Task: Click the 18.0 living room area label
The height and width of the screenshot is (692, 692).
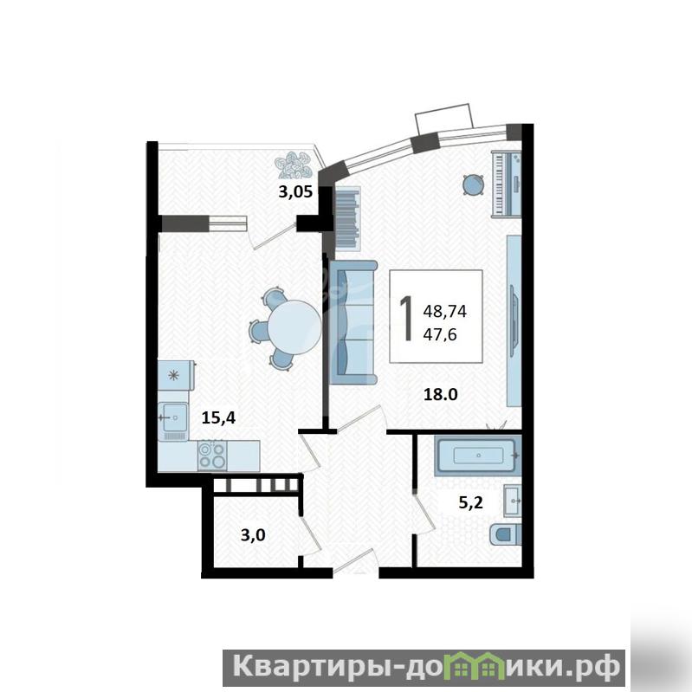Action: tap(441, 394)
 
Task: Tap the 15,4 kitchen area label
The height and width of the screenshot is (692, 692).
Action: tap(218, 417)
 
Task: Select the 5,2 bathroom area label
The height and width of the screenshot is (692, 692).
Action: tap(471, 502)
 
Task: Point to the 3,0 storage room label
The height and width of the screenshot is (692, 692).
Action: tap(253, 535)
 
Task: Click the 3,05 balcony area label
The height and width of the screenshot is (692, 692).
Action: tap(295, 192)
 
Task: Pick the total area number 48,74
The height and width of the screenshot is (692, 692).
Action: tap(444, 312)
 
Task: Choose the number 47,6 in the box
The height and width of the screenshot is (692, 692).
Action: tap(440, 334)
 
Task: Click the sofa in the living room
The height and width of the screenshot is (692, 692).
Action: tap(353, 321)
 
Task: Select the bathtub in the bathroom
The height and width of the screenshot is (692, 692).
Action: tap(478, 456)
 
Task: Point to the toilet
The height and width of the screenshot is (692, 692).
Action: tap(506, 534)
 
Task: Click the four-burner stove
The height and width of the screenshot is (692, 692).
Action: tap(212, 456)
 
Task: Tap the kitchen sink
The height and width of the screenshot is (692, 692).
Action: tap(173, 417)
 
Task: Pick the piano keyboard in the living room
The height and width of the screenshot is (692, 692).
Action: tap(507, 184)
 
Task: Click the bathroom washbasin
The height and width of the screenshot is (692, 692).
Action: tap(513, 501)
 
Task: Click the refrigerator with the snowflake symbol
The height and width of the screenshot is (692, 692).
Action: tap(176, 375)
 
